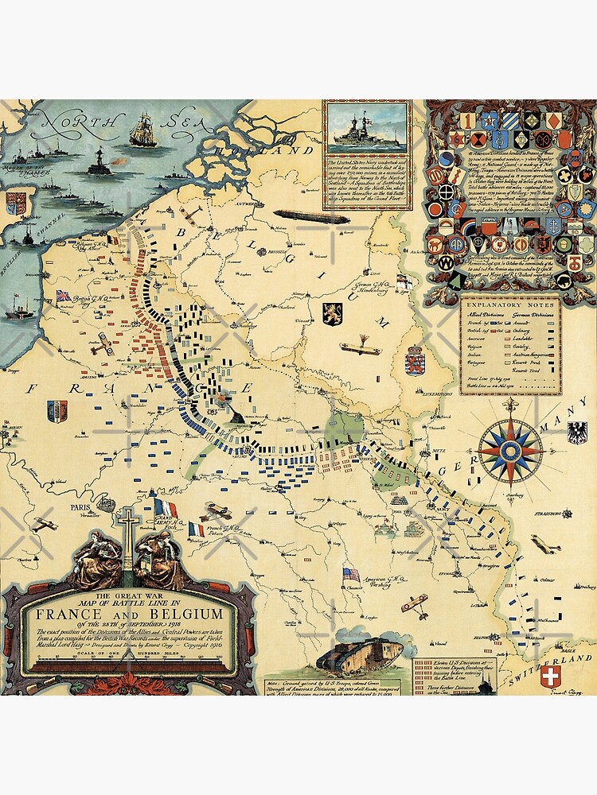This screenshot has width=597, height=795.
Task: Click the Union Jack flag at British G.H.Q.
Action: [63, 296]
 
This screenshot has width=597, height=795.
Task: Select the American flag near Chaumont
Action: [350, 574]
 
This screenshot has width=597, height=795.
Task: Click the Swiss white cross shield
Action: [550, 677]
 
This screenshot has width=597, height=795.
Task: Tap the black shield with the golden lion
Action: [332, 312]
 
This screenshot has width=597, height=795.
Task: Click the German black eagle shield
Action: [576, 432]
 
